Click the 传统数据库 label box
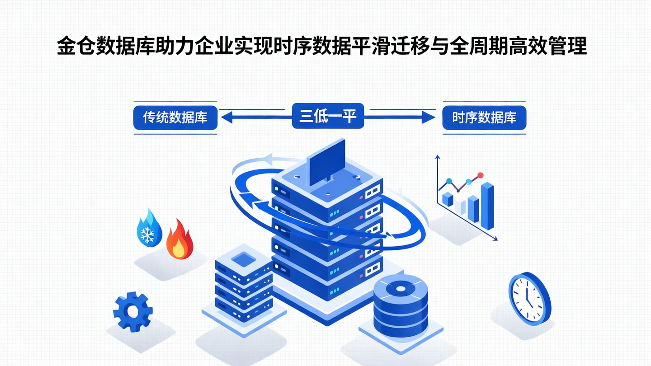(x=175, y=117)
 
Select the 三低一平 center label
(x=328, y=116)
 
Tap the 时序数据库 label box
(x=484, y=118)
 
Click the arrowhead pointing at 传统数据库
(x=225, y=118)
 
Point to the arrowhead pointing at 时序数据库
(x=429, y=118)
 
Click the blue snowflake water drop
(x=149, y=228)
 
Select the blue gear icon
(x=132, y=311)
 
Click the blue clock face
(x=528, y=298)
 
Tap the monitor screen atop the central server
(x=327, y=162)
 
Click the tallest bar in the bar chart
(x=487, y=206)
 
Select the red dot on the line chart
(x=481, y=175)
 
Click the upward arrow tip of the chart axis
(x=437, y=157)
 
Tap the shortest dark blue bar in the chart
(x=448, y=199)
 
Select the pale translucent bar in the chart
(x=461, y=207)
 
